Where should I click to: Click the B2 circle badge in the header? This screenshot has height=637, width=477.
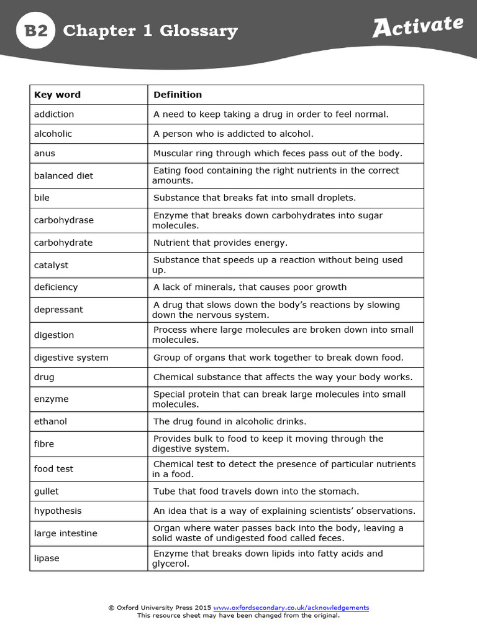pos(35,30)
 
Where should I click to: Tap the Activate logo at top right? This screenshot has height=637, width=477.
pos(417,27)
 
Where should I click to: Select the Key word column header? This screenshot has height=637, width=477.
pos(57,95)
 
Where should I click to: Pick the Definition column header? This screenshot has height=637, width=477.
pos(178,95)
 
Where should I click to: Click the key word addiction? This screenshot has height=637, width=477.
pos(54,114)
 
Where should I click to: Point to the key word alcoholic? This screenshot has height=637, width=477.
pos(53,134)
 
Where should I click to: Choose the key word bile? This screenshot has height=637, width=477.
pos(42,198)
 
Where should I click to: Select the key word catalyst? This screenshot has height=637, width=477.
pos(51,265)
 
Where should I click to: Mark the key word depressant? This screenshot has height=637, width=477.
pos(58,310)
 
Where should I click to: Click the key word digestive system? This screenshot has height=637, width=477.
pos(71,358)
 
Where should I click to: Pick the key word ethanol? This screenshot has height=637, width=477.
pos(50,422)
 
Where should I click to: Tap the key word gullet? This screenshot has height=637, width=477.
pos(47,491)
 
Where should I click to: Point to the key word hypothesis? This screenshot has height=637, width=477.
pos(58,511)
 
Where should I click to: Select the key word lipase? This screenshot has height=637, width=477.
pos(47,559)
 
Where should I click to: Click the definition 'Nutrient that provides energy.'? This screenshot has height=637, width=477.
pos(220,243)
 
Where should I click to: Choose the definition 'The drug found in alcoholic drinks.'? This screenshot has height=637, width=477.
pos(230,422)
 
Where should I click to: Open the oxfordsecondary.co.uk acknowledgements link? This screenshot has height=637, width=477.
pos(291,608)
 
